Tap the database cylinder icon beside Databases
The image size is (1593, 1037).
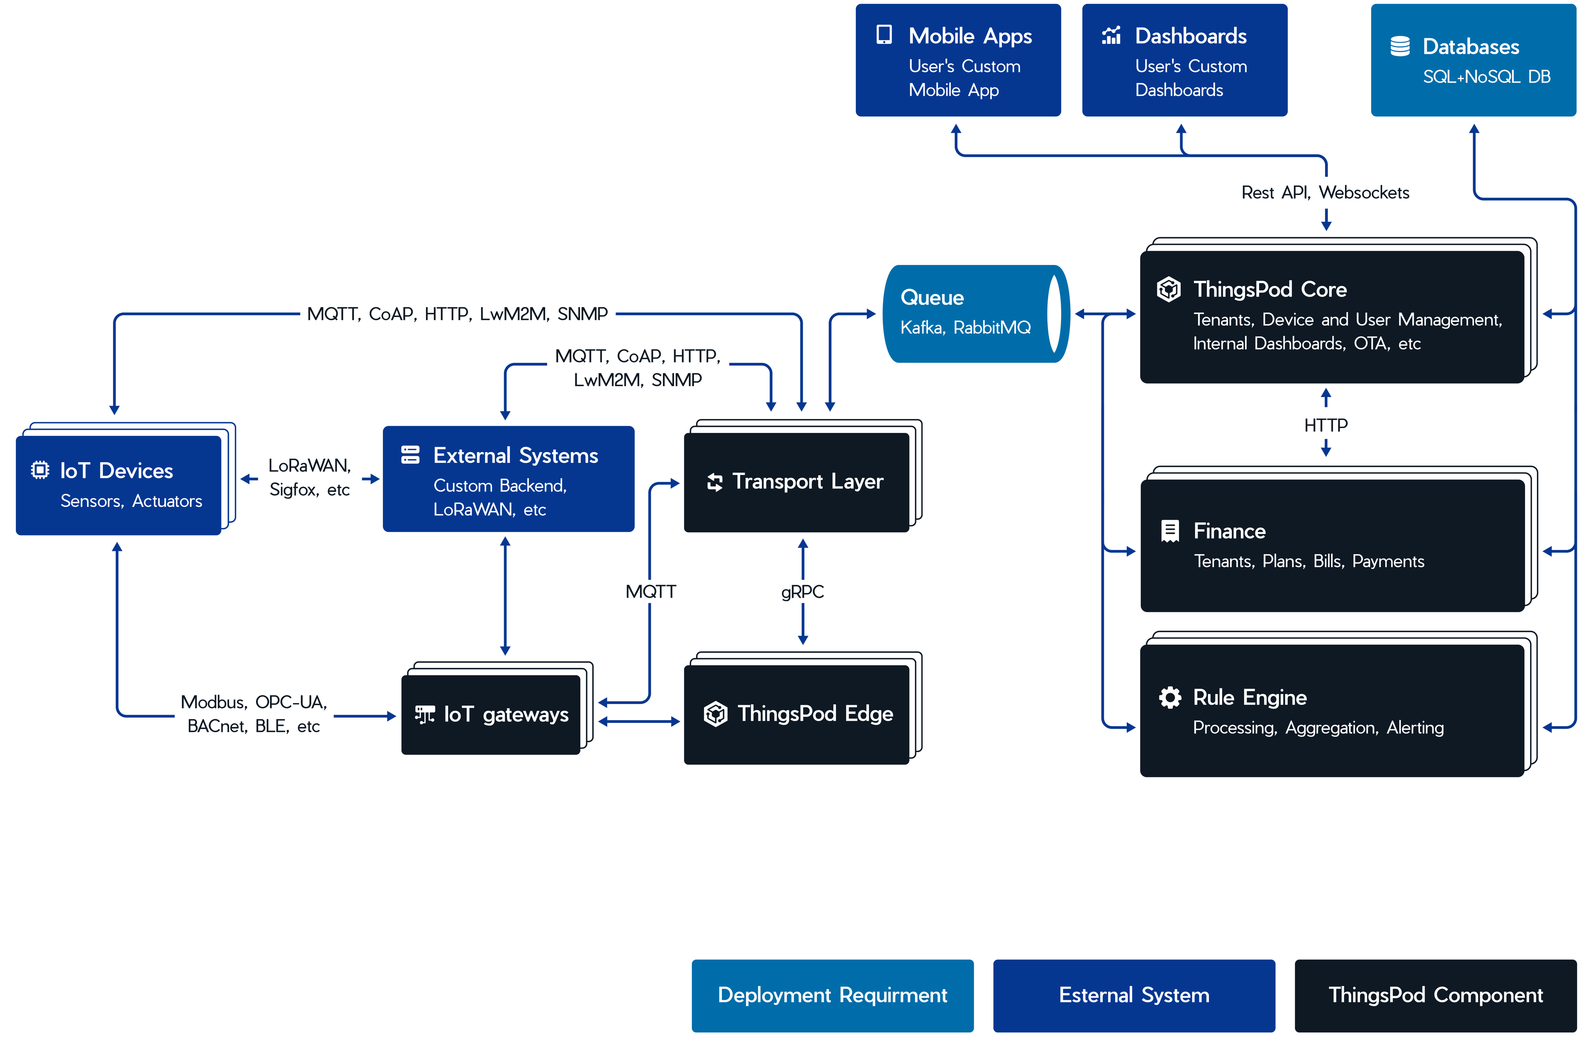1400,46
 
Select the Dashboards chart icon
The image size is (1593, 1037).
1111,36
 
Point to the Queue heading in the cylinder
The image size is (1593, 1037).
932,297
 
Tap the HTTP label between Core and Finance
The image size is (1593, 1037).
1325,425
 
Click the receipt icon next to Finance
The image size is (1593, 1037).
1169,531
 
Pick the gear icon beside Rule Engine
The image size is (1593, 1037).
1169,698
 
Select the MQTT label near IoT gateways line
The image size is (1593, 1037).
650,592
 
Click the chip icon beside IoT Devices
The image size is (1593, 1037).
40,471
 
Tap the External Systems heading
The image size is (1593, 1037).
515,456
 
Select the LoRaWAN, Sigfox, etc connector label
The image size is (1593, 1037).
309,477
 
